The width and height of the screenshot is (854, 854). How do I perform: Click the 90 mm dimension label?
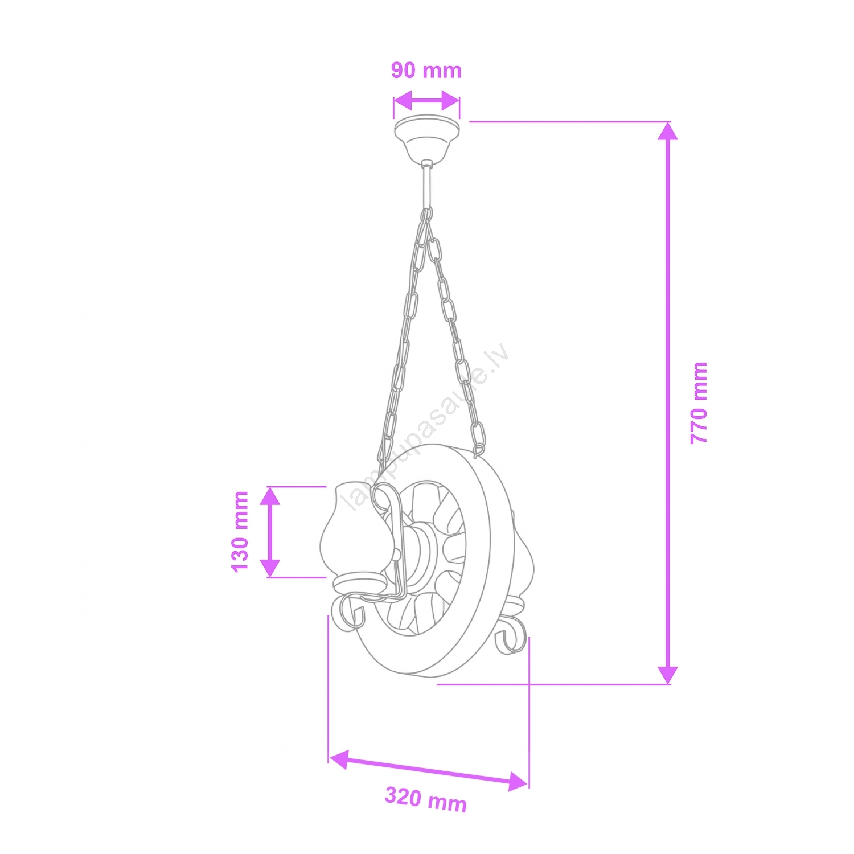426,71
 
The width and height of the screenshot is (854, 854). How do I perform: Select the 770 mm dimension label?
699,403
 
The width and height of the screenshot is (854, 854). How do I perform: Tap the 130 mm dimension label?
240,531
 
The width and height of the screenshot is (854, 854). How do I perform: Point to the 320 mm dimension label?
426,798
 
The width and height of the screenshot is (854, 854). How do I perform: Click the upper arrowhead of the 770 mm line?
668,131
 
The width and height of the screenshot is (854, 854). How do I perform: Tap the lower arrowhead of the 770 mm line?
668,675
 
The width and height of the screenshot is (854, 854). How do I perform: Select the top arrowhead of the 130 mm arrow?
270,496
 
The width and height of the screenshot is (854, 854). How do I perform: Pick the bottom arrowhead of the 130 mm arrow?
270,568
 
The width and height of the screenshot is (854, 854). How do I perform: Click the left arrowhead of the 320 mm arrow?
339,760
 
